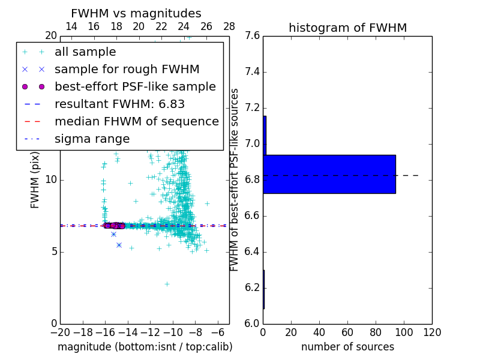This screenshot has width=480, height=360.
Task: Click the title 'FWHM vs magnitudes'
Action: click(x=136, y=13)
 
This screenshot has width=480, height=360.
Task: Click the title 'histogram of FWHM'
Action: click(x=347, y=28)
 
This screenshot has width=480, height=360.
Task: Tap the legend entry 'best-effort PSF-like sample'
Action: click(x=135, y=86)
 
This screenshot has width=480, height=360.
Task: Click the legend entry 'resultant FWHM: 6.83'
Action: click(x=119, y=104)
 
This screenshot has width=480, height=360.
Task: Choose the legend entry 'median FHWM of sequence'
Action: click(x=136, y=121)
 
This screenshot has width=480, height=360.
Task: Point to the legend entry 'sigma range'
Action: click(x=92, y=139)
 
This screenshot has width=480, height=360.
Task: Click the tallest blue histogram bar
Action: click(x=329, y=174)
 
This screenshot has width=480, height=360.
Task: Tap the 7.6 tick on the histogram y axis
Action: click(x=253, y=36)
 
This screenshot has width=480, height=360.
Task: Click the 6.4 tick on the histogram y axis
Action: click(x=253, y=251)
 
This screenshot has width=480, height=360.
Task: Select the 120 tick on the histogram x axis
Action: click(x=431, y=332)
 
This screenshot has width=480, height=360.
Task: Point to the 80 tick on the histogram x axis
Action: click(x=376, y=332)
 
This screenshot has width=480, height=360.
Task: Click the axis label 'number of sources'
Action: click(x=347, y=347)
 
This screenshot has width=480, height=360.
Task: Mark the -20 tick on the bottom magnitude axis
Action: click(x=60, y=332)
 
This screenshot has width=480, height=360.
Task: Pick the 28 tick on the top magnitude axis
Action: click(x=229, y=26)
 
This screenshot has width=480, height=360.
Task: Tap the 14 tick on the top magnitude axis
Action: click(x=71, y=26)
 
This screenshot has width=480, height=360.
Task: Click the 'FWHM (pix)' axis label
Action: click(x=35, y=180)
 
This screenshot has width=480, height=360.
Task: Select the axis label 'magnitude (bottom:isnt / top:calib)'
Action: click(x=145, y=347)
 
